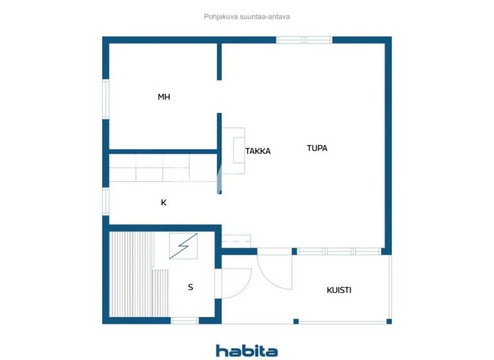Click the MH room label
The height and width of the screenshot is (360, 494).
click(164, 97)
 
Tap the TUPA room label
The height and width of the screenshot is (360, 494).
click(317, 148)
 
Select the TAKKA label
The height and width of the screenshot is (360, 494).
click(258, 151)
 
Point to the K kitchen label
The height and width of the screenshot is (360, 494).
click(164, 203)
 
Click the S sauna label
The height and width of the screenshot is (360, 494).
click(190, 287)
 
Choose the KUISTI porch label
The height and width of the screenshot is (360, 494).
click(339, 290)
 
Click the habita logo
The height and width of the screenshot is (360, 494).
click(247, 350)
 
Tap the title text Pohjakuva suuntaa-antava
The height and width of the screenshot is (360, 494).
click(247, 17)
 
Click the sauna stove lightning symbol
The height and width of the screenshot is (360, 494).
click(184, 246)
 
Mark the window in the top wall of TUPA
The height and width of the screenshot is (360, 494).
click(304, 40)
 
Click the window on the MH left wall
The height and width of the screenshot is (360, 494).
click(106, 97)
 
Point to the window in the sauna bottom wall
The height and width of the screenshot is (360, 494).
click(185, 320)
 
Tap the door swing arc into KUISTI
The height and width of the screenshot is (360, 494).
click(273, 270)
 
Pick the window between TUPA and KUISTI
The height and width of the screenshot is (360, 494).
click(341, 251)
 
